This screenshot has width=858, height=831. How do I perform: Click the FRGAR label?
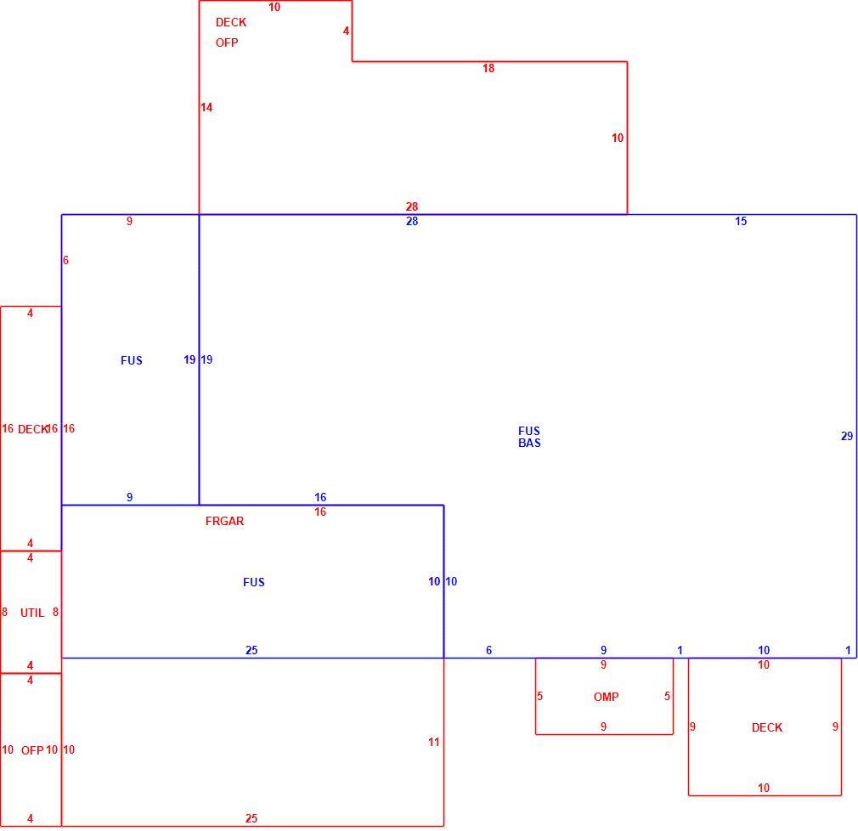[224, 521]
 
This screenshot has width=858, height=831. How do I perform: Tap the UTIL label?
[32, 613]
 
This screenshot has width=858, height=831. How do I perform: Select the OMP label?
[607, 697]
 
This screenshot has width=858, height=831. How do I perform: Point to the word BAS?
[529, 443]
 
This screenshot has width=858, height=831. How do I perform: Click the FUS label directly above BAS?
[529, 431]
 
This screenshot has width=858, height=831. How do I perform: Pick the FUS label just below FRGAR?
[254, 583]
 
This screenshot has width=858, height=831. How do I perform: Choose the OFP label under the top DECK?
[227, 42]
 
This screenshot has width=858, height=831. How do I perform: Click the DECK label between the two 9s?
[767, 727]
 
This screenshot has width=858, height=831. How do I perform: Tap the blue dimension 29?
[847, 436]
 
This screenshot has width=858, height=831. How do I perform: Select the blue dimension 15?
[741, 221]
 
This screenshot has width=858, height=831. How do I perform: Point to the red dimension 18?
[488, 69]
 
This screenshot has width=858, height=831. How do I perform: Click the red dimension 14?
[206, 107]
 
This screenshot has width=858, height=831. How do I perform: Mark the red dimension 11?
[434, 743]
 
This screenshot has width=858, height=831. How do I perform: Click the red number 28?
[412, 206]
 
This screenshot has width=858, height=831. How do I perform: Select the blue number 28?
[412, 221]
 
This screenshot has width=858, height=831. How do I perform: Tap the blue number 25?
[251, 650]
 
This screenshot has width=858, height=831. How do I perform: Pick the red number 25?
[251, 818]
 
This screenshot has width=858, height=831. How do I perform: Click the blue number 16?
[320, 497]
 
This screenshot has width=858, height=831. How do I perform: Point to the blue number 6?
[489, 650]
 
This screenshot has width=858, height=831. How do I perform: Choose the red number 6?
[65, 261]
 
